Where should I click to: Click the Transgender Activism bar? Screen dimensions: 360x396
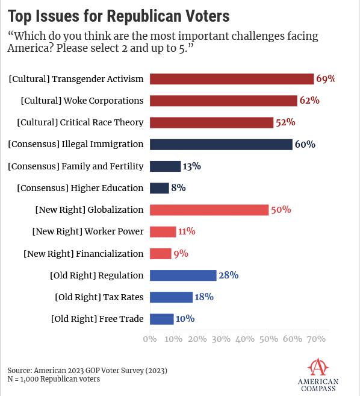click(x=232, y=79)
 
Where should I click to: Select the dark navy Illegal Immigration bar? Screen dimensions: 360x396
click(x=221, y=144)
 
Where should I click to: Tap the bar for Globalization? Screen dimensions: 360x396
click(x=209, y=210)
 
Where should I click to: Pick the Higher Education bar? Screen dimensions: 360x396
click(x=159, y=188)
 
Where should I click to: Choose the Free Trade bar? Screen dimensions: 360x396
click(x=162, y=319)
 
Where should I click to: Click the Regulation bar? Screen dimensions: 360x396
click(x=183, y=275)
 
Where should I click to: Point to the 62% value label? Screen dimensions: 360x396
click(x=309, y=100)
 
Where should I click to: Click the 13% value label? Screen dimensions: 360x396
click(x=191, y=166)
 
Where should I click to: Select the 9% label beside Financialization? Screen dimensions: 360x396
click(x=181, y=253)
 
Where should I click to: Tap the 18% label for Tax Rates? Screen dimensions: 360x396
click(x=204, y=297)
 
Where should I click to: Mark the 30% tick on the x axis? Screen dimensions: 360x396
click(x=221, y=339)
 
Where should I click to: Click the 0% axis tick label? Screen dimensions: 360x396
click(x=150, y=339)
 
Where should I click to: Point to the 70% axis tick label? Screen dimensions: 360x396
click(x=316, y=339)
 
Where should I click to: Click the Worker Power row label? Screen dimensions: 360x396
click(x=88, y=231)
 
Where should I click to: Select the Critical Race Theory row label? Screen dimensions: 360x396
click(x=80, y=122)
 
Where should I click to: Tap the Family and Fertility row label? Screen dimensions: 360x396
click(x=76, y=166)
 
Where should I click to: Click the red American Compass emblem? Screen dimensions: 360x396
click(x=318, y=367)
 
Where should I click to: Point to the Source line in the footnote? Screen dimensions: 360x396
click(x=87, y=371)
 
